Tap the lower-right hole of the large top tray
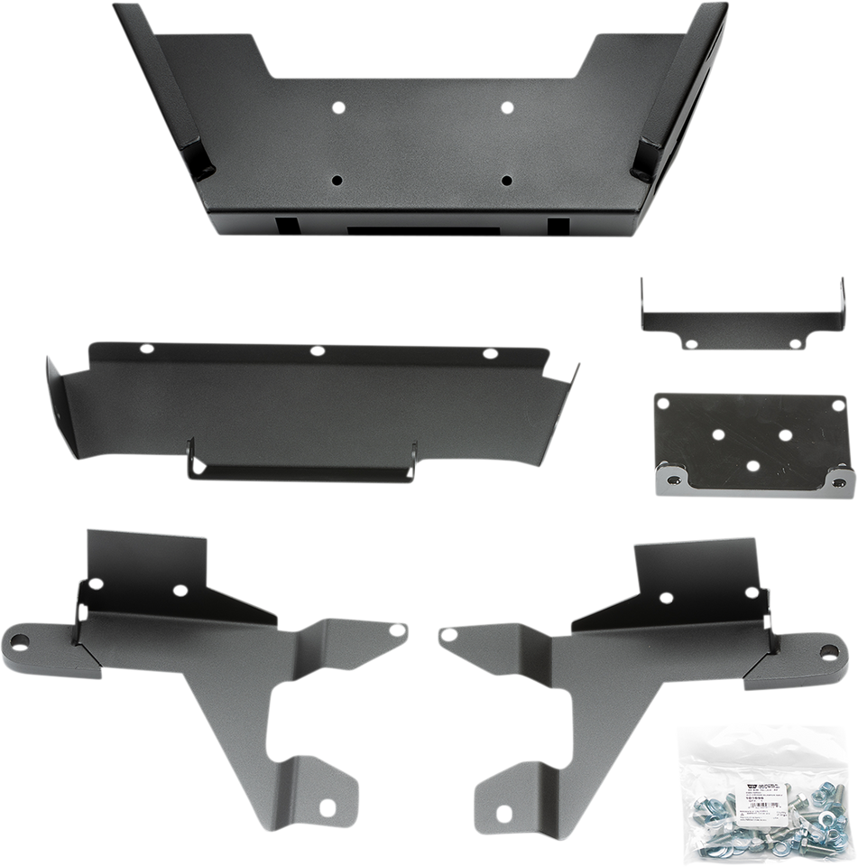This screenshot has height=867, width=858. (506, 180)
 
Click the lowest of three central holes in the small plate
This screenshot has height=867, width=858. (753, 465)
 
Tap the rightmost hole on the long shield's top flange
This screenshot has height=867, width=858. (490, 353)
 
